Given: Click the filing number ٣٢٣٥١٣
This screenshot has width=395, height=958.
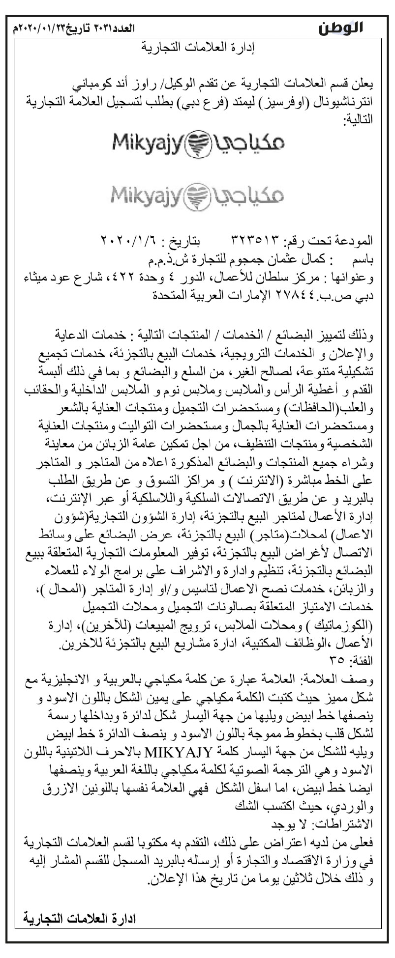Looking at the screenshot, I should pyautogui.click(x=258, y=241).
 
